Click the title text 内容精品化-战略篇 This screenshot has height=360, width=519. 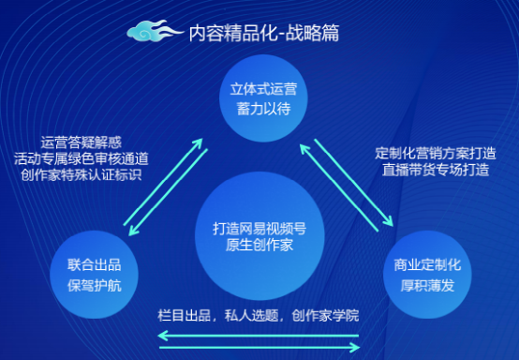(264, 34)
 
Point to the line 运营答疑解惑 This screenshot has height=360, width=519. (82, 142)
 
